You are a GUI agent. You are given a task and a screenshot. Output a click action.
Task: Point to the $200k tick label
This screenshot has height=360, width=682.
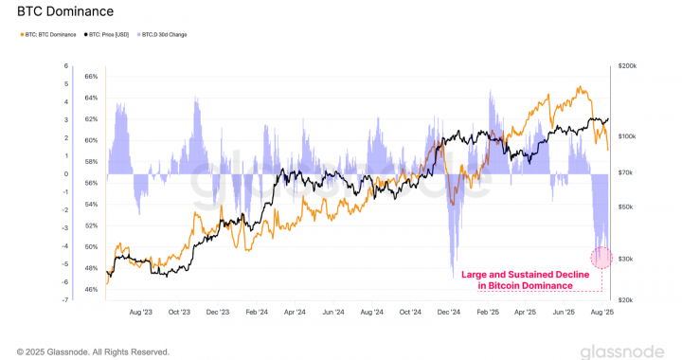(626, 65)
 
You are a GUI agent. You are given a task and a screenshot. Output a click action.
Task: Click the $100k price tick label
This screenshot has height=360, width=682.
(626, 136)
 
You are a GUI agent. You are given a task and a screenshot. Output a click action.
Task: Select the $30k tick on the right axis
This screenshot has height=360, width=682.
(626, 258)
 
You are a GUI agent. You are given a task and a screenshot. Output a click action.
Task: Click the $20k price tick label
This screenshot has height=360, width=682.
(626, 299)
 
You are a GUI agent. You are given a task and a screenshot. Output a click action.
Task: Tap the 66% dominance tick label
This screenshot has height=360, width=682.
(91, 76)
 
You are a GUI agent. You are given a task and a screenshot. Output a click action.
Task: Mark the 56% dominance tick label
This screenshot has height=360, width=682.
(91, 183)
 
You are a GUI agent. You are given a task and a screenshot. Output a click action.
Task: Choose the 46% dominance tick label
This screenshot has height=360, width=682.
(91, 290)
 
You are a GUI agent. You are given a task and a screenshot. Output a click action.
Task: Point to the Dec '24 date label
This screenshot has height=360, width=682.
(449, 310)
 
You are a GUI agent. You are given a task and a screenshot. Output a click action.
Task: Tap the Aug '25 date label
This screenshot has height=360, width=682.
(602, 310)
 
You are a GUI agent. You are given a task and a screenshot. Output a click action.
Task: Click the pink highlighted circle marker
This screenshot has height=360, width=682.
(601, 257)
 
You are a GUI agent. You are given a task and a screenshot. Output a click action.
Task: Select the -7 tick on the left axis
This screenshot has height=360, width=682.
(65, 299)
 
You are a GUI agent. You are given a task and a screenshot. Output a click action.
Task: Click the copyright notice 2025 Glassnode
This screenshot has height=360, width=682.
(92, 350)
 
